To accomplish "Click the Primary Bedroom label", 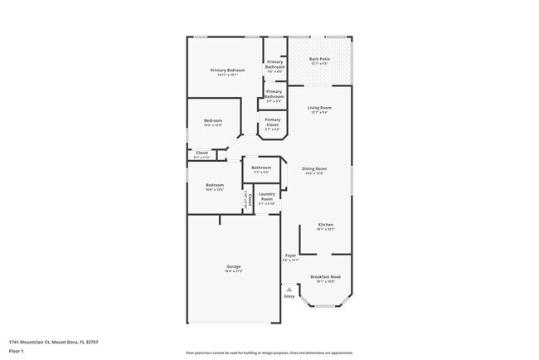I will pos(227,71).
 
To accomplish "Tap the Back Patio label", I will pos(319,59).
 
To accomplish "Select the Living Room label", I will pos(319,108).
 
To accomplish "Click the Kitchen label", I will pos(326,225).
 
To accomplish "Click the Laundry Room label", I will pos(266,197).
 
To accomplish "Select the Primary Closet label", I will pos(273,122).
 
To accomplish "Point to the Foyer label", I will pos(290,255).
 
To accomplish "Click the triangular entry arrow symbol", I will pos(289,289).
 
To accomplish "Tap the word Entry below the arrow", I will pos(289,296).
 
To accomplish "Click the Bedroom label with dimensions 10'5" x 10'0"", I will pos(213,120).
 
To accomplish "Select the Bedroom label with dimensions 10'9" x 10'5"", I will pos(215,184).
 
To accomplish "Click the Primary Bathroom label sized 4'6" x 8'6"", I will pos(275,64).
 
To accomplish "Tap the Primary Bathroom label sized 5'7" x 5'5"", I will pos(274,94).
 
